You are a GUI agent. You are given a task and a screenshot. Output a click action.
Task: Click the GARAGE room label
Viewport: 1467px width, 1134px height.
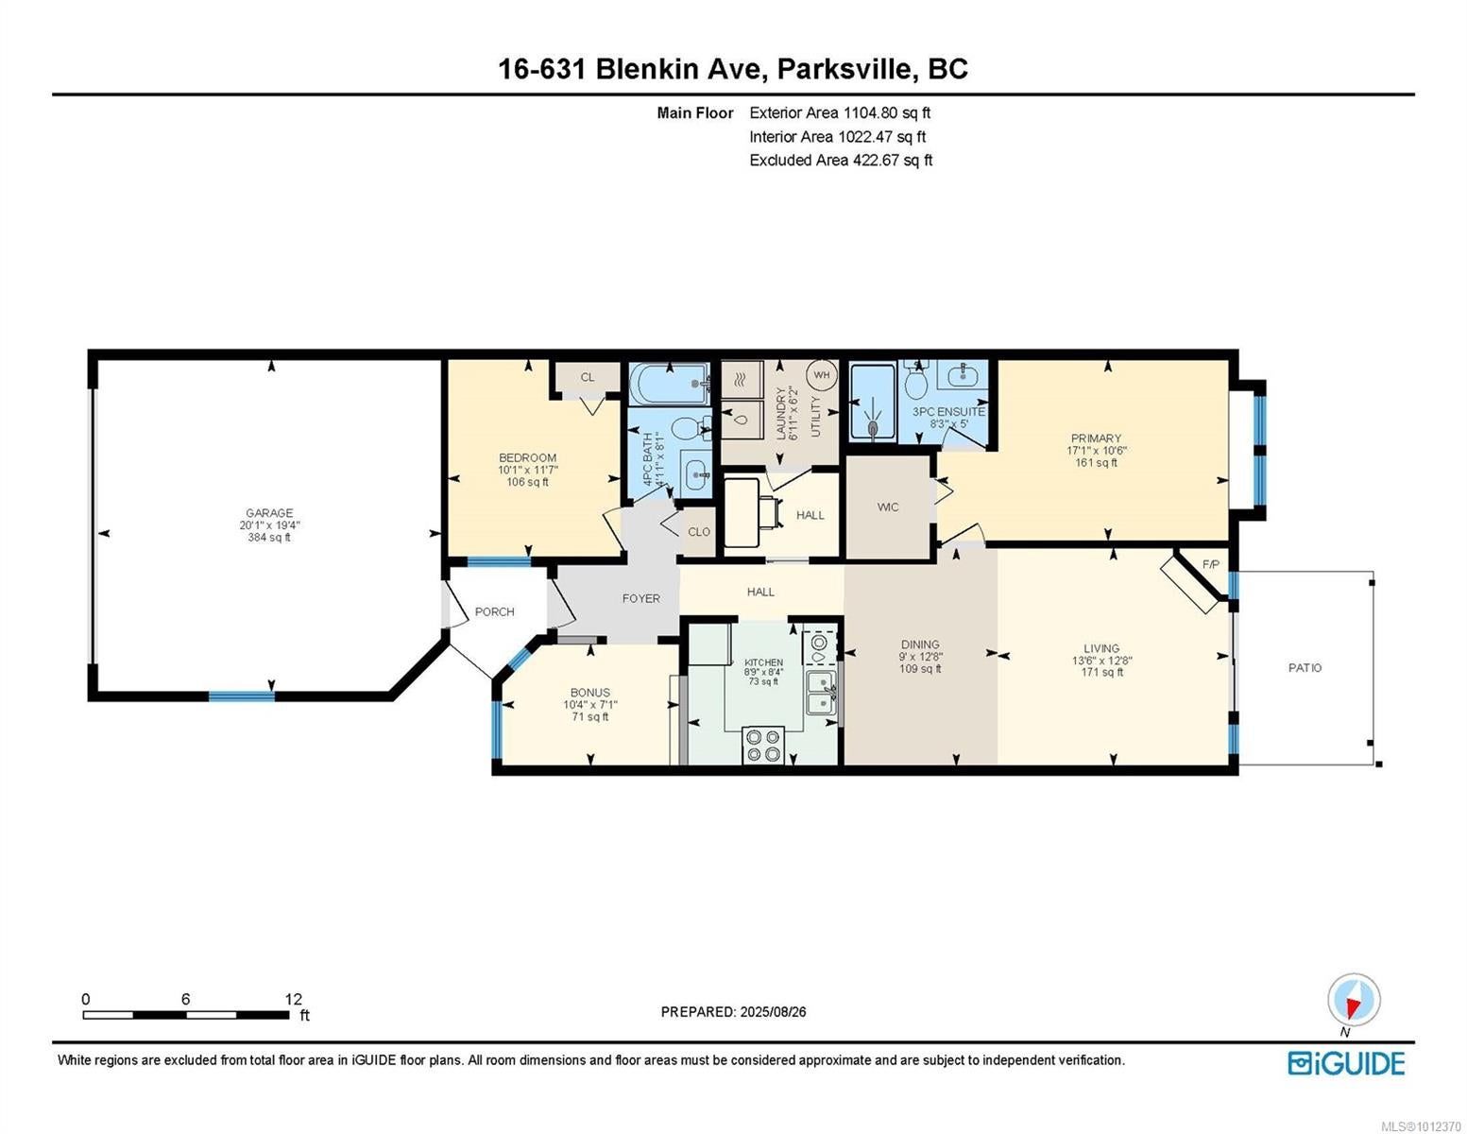pos(268,512)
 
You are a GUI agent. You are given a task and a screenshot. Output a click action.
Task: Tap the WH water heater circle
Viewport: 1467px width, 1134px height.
pos(821,375)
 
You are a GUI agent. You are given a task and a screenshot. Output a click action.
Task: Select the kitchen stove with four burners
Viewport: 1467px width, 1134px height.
pos(763,745)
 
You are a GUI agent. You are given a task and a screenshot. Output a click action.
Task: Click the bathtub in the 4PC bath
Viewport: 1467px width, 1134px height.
pos(670,383)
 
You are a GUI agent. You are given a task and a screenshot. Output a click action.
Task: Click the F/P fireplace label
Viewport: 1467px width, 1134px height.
pos(1210,564)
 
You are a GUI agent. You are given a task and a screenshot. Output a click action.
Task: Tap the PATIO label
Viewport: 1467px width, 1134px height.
pos(1305,667)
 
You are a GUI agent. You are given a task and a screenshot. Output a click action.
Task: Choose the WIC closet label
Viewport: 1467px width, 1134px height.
pos(887,507)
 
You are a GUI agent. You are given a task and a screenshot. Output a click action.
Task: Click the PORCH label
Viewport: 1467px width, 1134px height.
pos(494,611)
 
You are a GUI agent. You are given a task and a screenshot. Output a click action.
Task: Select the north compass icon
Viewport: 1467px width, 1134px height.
pos(1353,1000)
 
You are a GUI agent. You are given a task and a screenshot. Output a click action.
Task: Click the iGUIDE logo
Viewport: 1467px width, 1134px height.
pos(1345,1063)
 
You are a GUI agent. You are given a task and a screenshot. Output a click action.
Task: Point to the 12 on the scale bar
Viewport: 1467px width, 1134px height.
pos(293,999)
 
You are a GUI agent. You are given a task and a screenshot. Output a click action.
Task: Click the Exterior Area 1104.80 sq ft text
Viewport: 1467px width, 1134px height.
pos(840,112)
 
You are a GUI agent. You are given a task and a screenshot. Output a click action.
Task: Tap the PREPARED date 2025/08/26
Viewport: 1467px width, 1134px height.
pos(773,1012)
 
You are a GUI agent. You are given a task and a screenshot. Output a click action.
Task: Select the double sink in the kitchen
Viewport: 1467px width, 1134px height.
pos(821,692)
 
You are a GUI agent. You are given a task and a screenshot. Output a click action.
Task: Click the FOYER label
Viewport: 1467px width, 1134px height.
pos(640,598)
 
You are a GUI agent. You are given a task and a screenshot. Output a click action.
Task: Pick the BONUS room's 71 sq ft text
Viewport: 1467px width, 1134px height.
pos(590,716)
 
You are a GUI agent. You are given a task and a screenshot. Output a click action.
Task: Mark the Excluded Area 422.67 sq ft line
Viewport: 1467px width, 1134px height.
pos(841,160)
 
